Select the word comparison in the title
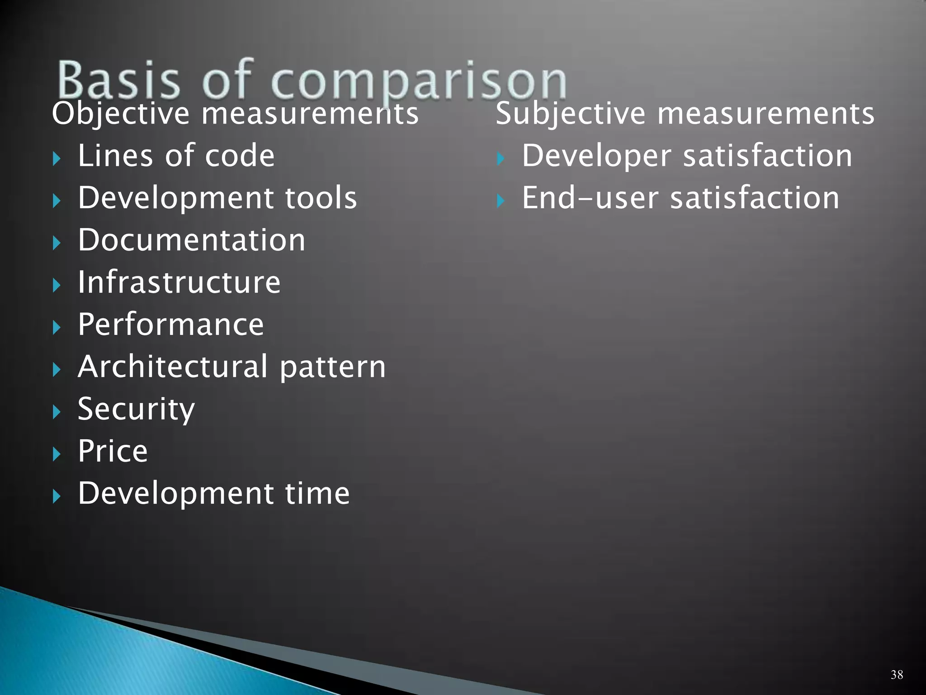418,81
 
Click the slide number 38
897,675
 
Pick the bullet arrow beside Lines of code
57,159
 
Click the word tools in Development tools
321,198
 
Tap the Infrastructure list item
179,282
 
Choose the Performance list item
170,324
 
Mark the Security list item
136,409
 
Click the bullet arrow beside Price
57,454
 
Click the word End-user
590,198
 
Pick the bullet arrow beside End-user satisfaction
500,200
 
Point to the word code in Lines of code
240,156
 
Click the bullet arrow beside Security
57,412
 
